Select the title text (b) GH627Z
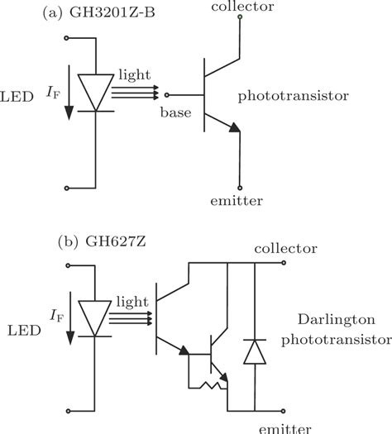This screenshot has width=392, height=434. coord(96,245)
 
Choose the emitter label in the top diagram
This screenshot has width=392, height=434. coord(237,200)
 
